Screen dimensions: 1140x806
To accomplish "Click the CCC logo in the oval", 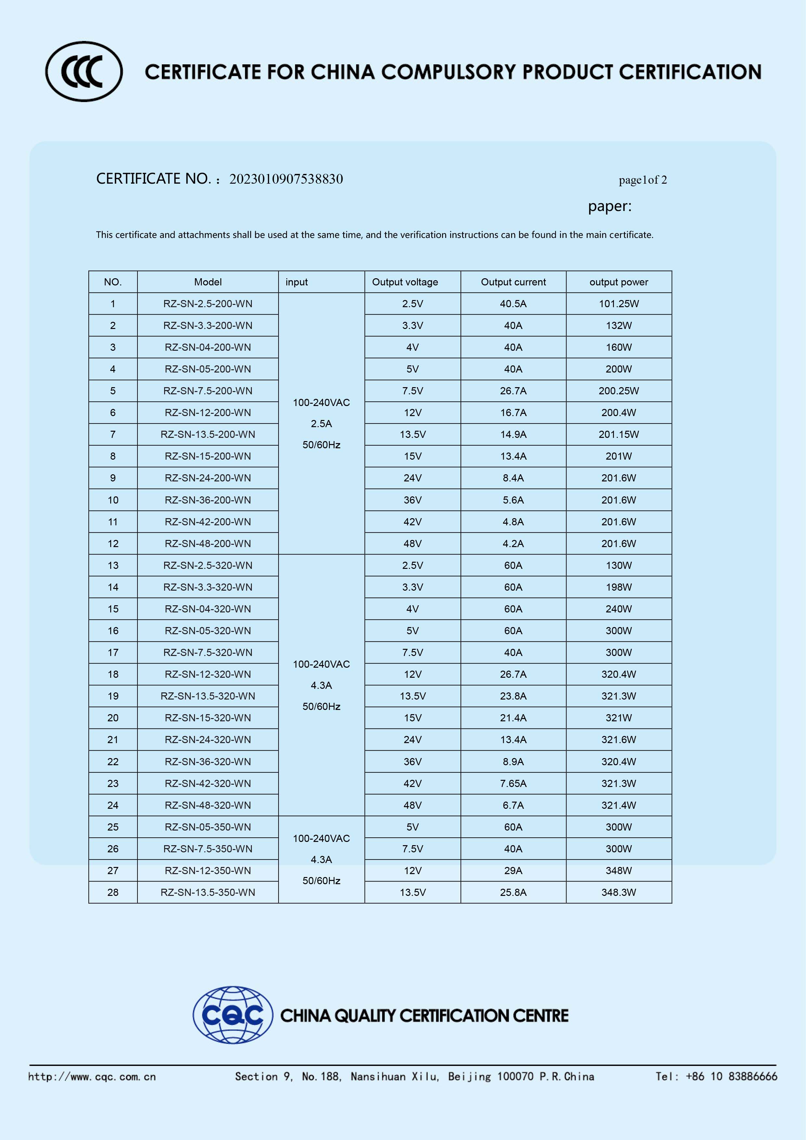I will (84, 72).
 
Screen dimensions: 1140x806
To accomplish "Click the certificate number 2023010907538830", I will (286, 179).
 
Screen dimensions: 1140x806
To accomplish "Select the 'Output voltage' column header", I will (405, 282).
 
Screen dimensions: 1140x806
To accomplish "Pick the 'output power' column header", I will (618, 282).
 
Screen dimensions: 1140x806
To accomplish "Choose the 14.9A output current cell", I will (513, 435).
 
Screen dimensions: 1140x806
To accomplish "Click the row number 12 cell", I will (113, 544).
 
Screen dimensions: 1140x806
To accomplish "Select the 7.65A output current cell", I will (513, 783).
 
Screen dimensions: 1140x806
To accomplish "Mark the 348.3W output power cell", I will (618, 892).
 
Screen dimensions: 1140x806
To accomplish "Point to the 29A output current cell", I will (513, 871).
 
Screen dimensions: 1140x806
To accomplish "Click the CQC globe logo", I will (233, 1015).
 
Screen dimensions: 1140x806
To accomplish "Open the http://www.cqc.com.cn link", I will (92, 1076).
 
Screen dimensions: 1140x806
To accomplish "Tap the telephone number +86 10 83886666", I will (731, 1076).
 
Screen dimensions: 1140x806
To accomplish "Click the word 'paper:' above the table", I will (609, 206).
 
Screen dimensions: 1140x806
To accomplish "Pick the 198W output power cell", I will (618, 587).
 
